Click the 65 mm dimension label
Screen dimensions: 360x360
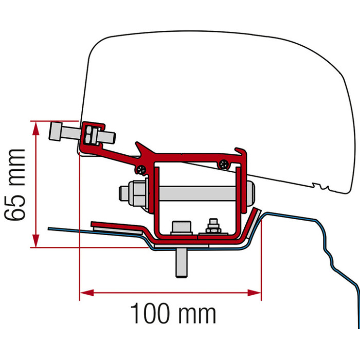(x=15, y=185)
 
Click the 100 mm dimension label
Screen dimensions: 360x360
(x=173, y=313)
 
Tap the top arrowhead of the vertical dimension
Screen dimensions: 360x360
(x=35, y=128)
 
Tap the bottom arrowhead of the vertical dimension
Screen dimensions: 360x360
(x=35, y=241)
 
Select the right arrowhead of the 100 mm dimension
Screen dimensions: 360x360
(x=254, y=293)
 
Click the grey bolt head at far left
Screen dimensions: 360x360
(x=56, y=131)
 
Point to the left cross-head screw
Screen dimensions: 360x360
(x=141, y=170)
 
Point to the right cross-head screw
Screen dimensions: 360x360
(x=224, y=164)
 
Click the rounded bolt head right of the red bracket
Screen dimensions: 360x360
(x=251, y=193)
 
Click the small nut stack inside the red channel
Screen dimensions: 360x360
(x=213, y=226)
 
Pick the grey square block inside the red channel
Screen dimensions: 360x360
(x=182, y=227)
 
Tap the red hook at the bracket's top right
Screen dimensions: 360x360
(x=241, y=153)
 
